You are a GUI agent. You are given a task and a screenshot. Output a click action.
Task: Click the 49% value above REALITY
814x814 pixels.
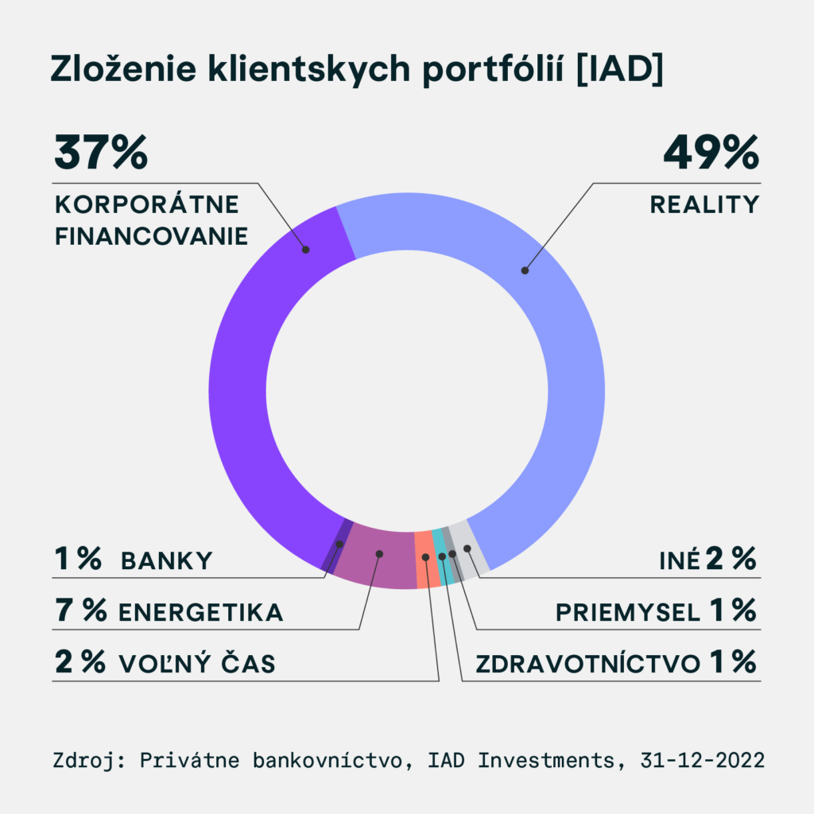[711, 153]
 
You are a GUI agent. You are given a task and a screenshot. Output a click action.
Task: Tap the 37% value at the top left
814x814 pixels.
[101, 153]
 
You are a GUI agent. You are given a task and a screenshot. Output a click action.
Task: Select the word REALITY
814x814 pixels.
[705, 204]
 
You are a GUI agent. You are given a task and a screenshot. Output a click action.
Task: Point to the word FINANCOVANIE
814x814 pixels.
[151, 237]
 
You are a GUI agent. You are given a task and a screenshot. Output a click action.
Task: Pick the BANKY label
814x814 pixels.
[167, 560]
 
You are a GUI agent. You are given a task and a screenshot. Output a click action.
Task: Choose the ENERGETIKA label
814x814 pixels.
[200, 613]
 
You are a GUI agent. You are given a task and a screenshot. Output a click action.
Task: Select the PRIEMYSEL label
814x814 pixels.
[627, 613]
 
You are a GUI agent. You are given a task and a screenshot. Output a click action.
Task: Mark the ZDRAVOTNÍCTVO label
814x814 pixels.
[587, 664]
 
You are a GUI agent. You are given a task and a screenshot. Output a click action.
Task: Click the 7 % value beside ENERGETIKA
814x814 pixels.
[80, 611]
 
